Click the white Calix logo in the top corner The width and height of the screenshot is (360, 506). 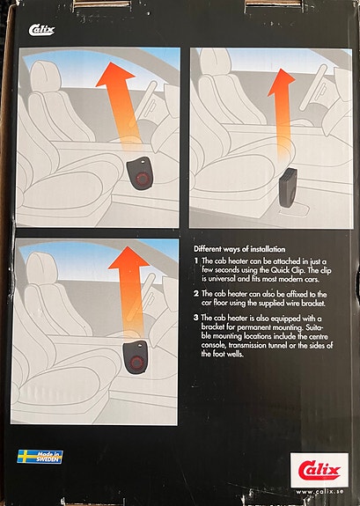[41, 30]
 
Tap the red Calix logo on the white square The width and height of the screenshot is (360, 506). [319, 471]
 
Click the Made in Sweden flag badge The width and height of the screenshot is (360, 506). [40, 457]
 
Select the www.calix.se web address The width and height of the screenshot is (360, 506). [320, 492]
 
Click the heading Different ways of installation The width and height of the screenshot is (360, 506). [239, 249]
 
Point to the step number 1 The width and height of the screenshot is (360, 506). [196, 260]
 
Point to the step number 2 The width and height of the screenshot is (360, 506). [196, 294]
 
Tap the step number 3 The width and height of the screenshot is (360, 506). [196, 318]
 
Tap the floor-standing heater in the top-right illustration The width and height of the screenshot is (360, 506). [289, 188]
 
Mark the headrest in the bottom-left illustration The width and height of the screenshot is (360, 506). [41, 268]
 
